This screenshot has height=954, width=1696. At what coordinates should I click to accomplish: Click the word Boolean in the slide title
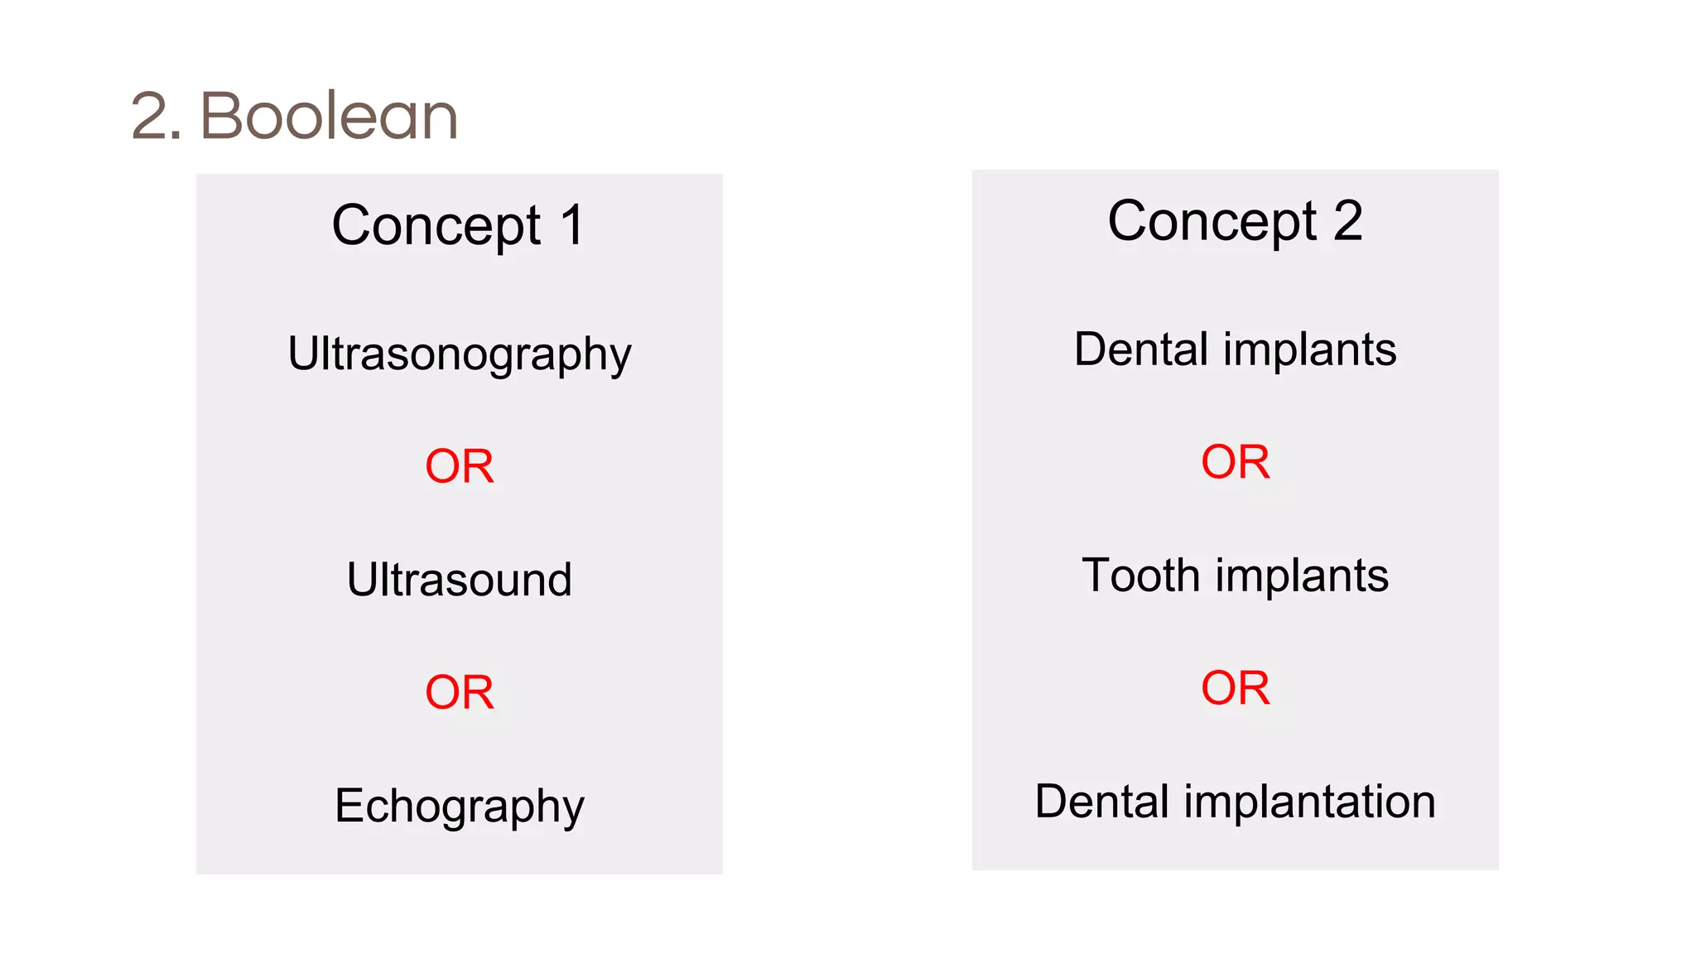coord(329,116)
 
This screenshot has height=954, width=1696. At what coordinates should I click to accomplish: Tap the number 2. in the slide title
coord(156,116)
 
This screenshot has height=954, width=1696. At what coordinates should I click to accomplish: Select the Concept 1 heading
coord(459,225)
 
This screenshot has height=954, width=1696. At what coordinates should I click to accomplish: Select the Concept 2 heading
coord(1235,221)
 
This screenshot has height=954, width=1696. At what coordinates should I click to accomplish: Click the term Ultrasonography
coord(459,354)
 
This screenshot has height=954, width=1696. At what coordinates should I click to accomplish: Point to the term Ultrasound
coord(459,579)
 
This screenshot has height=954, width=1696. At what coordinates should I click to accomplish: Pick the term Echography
coord(459,806)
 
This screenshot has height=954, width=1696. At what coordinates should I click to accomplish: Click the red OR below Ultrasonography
coord(459,465)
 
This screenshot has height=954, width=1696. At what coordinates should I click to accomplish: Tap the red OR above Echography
coord(459,691)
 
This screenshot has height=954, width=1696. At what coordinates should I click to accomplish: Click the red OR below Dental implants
coord(1235,461)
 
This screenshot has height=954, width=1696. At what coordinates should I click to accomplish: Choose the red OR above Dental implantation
coord(1235,687)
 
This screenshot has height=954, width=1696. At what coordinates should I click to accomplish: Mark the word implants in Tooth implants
coord(1302,576)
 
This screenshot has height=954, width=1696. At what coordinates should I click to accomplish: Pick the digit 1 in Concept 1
coord(572,225)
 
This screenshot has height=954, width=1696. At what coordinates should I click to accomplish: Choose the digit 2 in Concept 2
coord(1347,221)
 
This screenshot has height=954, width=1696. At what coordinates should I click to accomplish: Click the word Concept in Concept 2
coord(1212,221)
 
